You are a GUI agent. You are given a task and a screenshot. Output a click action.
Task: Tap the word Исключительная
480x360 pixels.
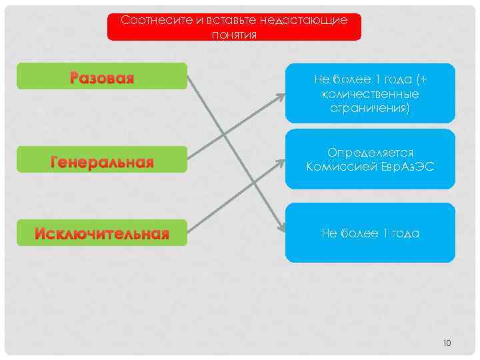tap(102, 233)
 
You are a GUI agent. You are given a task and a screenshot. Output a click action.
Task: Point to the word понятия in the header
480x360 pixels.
tap(234, 34)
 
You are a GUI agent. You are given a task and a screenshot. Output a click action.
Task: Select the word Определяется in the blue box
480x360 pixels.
tap(370, 153)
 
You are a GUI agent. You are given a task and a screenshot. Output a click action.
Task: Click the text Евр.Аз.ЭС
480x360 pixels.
tap(408, 166)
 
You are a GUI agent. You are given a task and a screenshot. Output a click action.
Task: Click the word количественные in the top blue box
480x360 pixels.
tap(370, 93)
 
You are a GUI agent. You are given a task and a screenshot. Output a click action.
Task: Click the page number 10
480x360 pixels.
tap(447, 343)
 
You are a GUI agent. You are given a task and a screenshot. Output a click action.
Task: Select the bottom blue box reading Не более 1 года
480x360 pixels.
tap(370, 233)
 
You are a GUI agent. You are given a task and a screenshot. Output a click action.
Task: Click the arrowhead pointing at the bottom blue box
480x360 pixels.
tap(277, 226)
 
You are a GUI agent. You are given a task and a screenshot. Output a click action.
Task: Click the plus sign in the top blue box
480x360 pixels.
tap(423, 80)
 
